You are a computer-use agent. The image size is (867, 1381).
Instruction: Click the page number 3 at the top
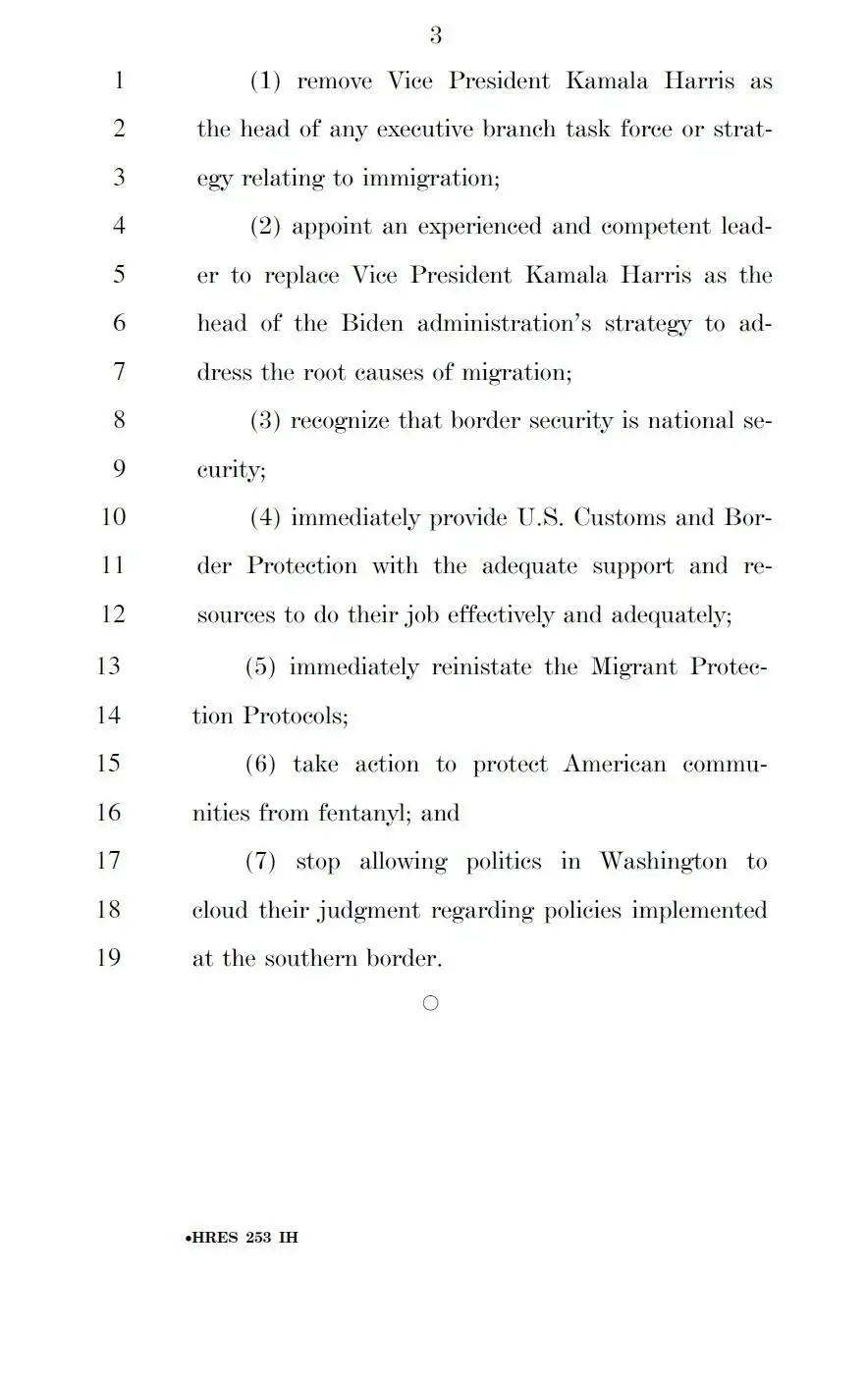click(x=435, y=36)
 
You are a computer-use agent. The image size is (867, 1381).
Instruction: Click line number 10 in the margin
click(x=114, y=517)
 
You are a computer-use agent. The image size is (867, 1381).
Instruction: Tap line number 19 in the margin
click(x=108, y=957)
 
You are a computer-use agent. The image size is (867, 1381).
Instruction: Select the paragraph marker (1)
click(x=266, y=81)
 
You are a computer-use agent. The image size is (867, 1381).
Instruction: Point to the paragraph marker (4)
click(x=266, y=517)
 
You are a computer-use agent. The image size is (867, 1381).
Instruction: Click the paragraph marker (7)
click(x=261, y=862)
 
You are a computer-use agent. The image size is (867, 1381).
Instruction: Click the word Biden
click(x=373, y=324)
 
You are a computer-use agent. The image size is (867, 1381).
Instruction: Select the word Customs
click(x=615, y=517)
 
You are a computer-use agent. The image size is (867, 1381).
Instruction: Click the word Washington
click(x=664, y=862)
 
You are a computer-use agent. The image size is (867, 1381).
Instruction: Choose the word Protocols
click(x=296, y=717)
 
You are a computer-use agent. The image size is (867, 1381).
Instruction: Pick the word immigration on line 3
click(x=431, y=179)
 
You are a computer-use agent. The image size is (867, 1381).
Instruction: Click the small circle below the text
click(x=430, y=1003)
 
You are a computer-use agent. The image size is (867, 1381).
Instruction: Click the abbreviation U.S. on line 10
click(x=538, y=517)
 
